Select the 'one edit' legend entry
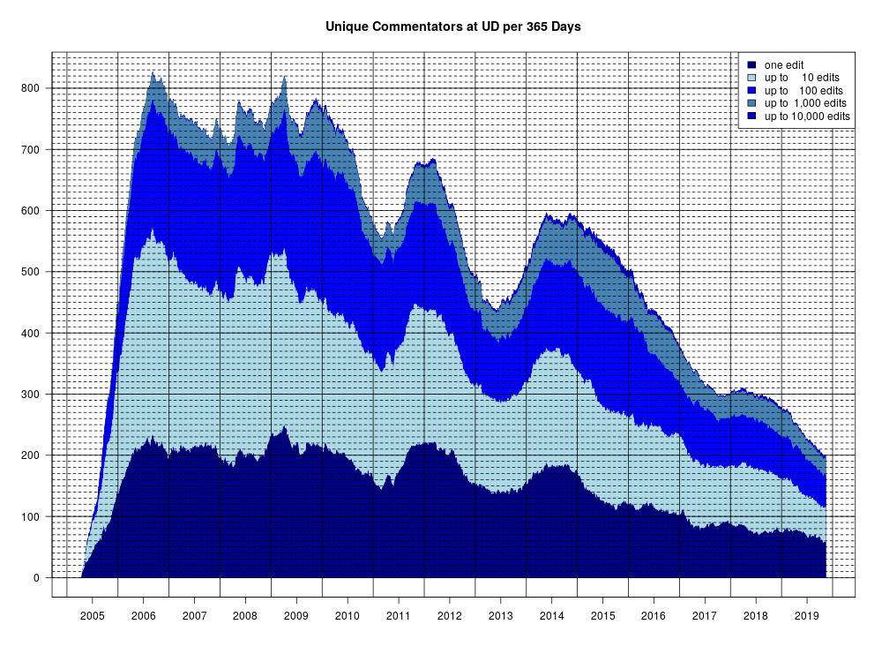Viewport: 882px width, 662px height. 784,65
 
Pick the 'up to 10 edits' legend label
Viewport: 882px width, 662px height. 803,78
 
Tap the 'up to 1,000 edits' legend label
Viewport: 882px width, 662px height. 805,103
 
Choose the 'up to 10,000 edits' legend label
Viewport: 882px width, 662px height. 807,117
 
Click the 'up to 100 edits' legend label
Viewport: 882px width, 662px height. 804,91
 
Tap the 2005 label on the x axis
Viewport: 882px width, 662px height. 92,613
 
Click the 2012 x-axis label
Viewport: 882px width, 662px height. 450,613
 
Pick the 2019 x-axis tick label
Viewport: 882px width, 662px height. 807,613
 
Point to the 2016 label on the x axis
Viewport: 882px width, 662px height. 654,613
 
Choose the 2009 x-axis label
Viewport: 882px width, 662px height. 296,613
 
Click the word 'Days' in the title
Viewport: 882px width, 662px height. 565,27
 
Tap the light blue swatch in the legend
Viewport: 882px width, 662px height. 751,78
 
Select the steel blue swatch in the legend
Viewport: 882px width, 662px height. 751,103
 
